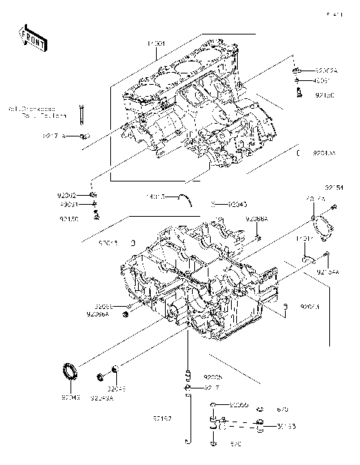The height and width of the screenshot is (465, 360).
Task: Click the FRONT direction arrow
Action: point(30,34)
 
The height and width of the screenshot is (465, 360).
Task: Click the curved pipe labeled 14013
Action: point(183,198)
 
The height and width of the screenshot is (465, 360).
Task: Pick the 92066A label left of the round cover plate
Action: point(256,219)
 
